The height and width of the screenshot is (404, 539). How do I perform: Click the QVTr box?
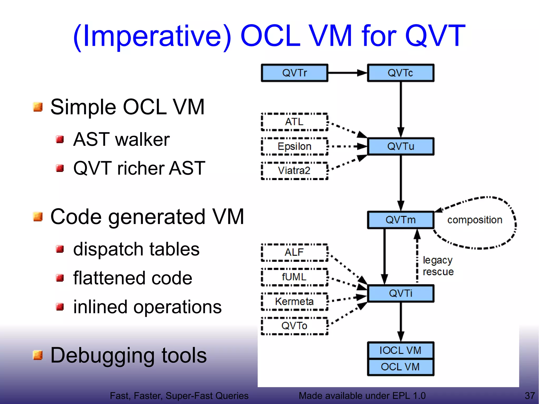click(294, 73)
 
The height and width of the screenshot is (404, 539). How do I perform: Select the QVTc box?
click(400, 73)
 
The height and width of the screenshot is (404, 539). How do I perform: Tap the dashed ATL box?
click(294, 122)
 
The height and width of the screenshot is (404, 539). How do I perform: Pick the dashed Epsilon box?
click(294, 146)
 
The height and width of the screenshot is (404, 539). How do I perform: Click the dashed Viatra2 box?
click(294, 171)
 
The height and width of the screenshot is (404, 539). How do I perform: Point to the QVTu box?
click(400, 146)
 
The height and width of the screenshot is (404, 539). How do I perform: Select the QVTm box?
click(400, 220)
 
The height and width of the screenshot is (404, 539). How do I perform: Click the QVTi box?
click(400, 293)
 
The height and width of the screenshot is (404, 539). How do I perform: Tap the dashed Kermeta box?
click(294, 301)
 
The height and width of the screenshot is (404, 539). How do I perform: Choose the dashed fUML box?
click(294, 277)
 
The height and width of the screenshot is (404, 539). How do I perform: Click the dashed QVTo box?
click(294, 326)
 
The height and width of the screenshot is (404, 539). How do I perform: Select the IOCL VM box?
click(400, 350)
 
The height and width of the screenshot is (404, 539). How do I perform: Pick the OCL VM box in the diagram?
click(400, 367)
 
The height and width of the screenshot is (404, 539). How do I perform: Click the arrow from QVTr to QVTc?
click(347, 73)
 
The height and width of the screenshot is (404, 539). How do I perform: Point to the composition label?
click(475, 220)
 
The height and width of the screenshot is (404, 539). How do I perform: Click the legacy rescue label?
click(438, 266)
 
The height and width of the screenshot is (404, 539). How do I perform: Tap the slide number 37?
click(530, 396)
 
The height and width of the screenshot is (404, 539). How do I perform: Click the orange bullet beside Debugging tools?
click(38, 355)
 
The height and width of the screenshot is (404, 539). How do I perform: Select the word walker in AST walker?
click(142, 139)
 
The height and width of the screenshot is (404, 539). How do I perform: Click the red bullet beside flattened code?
click(60, 278)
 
